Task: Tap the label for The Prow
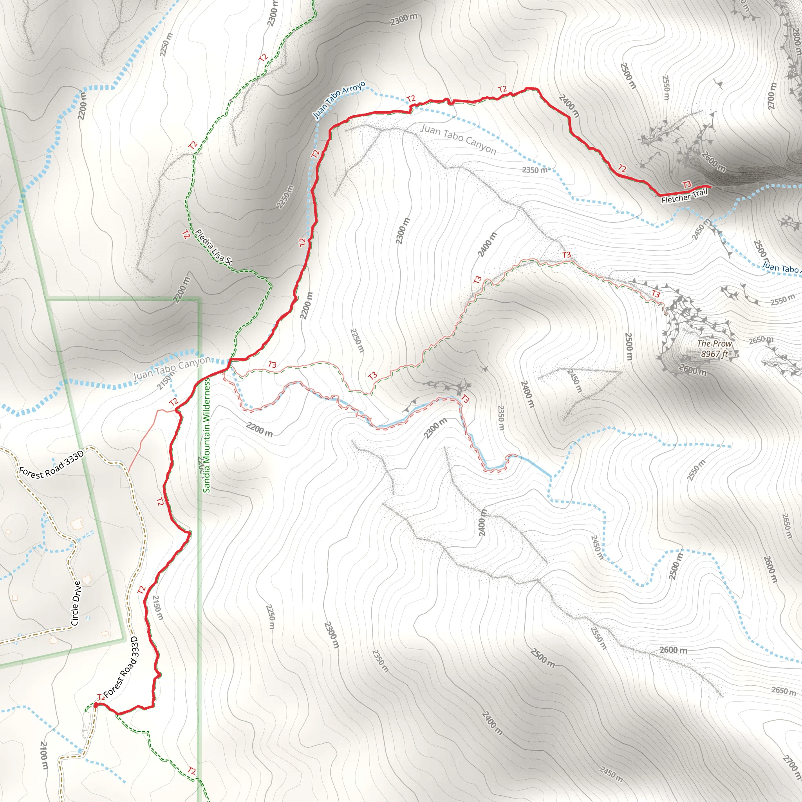pos(714,344)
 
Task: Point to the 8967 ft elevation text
pos(714,354)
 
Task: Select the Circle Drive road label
pos(76,603)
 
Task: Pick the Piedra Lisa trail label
pos(214,247)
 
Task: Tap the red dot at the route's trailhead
pos(96,705)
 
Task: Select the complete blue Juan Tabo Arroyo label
pos(339,99)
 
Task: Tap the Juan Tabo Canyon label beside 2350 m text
pos(458,139)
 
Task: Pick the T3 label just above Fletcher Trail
pos(687,185)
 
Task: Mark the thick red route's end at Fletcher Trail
pos(711,186)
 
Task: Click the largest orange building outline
pos(77,524)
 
